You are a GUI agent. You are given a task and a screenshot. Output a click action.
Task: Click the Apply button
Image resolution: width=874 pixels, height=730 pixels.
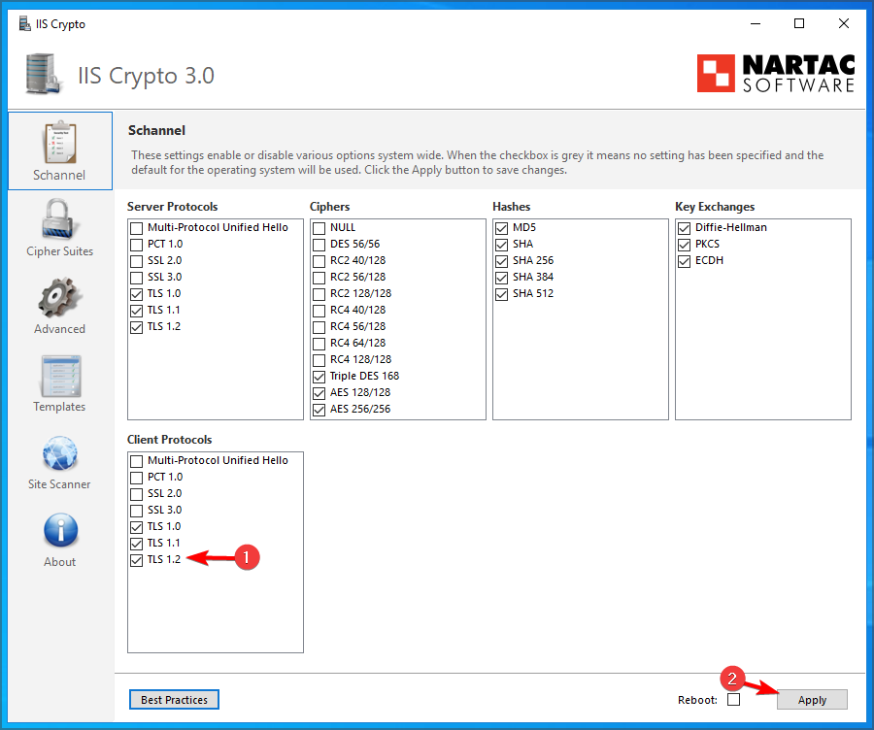[x=812, y=700]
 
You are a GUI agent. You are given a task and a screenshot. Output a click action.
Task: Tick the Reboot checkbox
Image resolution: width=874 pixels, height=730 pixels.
[x=734, y=700]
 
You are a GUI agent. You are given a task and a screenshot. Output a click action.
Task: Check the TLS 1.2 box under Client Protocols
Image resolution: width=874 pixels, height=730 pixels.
[x=137, y=560]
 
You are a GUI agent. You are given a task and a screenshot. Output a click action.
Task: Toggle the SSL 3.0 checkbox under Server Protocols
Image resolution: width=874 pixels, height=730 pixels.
[x=137, y=277]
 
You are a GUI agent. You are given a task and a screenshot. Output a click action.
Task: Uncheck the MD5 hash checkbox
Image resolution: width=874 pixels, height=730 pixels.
[x=502, y=228]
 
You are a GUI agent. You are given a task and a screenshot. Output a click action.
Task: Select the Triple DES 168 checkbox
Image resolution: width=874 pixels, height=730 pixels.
[x=319, y=377]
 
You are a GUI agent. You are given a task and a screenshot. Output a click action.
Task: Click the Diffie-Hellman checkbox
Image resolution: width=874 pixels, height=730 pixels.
[x=685, y=228]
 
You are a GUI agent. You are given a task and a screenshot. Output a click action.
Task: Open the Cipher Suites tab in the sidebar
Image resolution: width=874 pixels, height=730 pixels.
[x=60, y=229]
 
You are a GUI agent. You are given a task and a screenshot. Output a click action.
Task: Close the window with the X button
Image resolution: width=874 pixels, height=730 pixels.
[x=843, y=23]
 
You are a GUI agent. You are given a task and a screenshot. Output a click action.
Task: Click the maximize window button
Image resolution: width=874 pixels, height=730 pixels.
[x=799, y=23]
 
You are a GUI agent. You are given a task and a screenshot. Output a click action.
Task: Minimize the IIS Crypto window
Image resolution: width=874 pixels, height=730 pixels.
[x=755, y=23]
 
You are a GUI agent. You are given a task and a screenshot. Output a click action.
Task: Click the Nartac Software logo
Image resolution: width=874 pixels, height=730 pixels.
[x=776, y=73]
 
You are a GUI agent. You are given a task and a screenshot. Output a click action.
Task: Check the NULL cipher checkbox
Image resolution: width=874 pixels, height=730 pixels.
[x=319, y=228]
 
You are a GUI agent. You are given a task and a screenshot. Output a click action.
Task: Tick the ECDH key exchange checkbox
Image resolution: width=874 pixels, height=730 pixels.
[x=685, y=261]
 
